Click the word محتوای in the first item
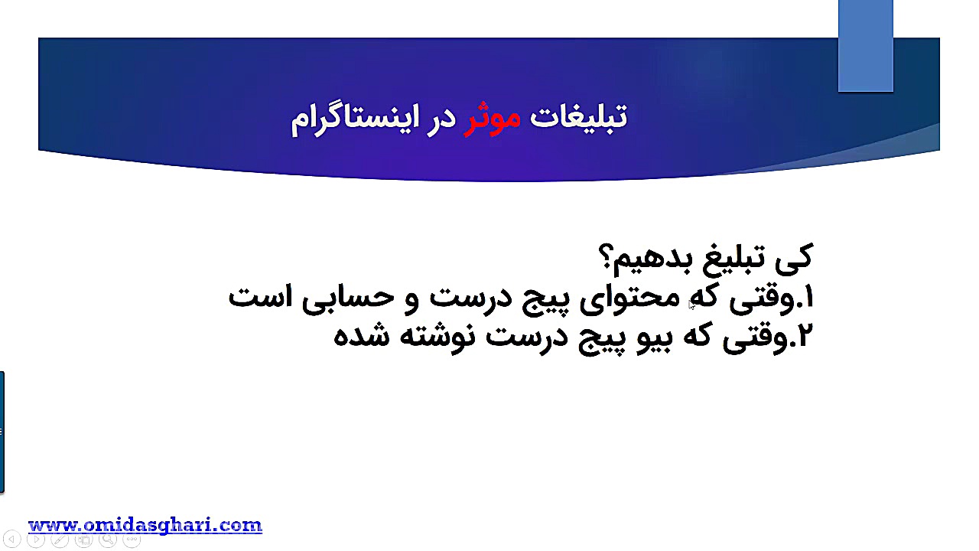(x=621, y=298)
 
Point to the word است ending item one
(x=255, y=297)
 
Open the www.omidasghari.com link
(x=145, y=525)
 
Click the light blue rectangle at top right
(x=865, y=46)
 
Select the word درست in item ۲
(x=520, y=336)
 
